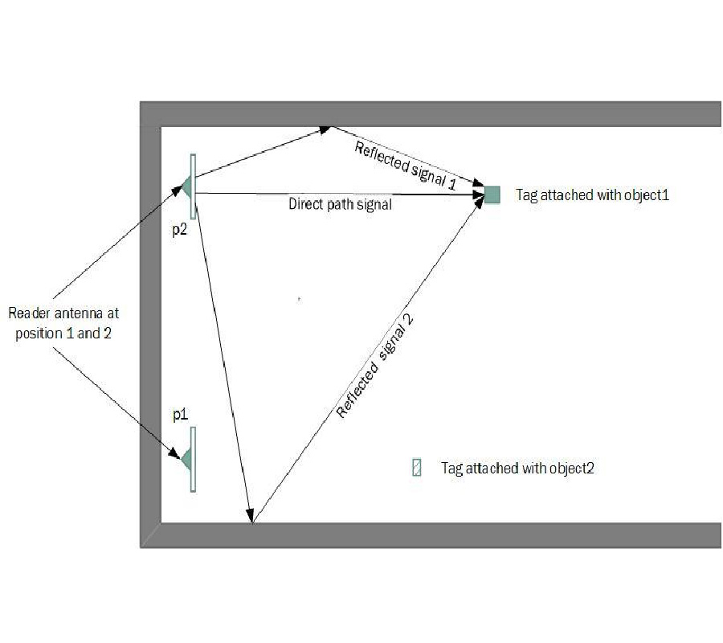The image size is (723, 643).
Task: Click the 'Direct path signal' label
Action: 340,205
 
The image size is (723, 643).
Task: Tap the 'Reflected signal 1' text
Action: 405,165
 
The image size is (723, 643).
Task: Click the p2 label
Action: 180,229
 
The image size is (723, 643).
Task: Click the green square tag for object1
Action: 492,194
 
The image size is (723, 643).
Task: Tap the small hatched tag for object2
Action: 416,468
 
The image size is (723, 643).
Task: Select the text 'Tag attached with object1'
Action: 592,195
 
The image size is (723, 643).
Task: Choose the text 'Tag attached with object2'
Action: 517,468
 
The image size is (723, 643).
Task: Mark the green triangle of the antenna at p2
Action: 186,187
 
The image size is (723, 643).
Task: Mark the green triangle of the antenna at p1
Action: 186,459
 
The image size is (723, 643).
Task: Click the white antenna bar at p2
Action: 193,186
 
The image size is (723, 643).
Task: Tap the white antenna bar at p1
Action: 193,459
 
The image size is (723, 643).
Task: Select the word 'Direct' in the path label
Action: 304,205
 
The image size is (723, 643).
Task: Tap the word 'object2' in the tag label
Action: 571,468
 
